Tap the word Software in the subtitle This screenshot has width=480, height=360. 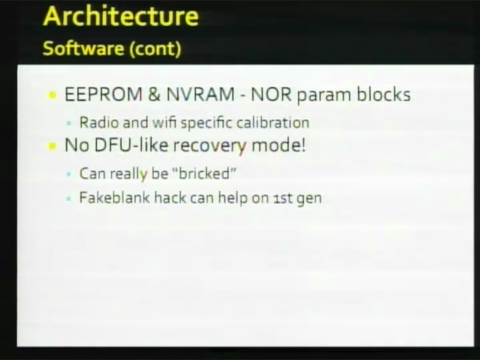(x=83, y=48)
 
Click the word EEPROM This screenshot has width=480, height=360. (x=104, y=94)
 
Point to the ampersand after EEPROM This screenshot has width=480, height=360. (x=154, y=94)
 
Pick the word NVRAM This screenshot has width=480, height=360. (x=201, y=94)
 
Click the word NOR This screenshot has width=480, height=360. (x=271, y=94)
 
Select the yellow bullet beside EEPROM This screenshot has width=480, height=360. (x=52, y=95)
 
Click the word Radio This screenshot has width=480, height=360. (x=99, y=122)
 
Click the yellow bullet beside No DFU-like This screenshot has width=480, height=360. (x=52, y=146)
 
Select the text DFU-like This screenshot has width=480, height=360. (x=131, y=145)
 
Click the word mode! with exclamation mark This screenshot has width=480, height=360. (x=278, y=145)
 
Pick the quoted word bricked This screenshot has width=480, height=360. (x=204, y=174)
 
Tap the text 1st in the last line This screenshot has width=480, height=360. (x=282, y=198)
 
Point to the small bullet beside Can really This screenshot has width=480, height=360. (x=69, y=174)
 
